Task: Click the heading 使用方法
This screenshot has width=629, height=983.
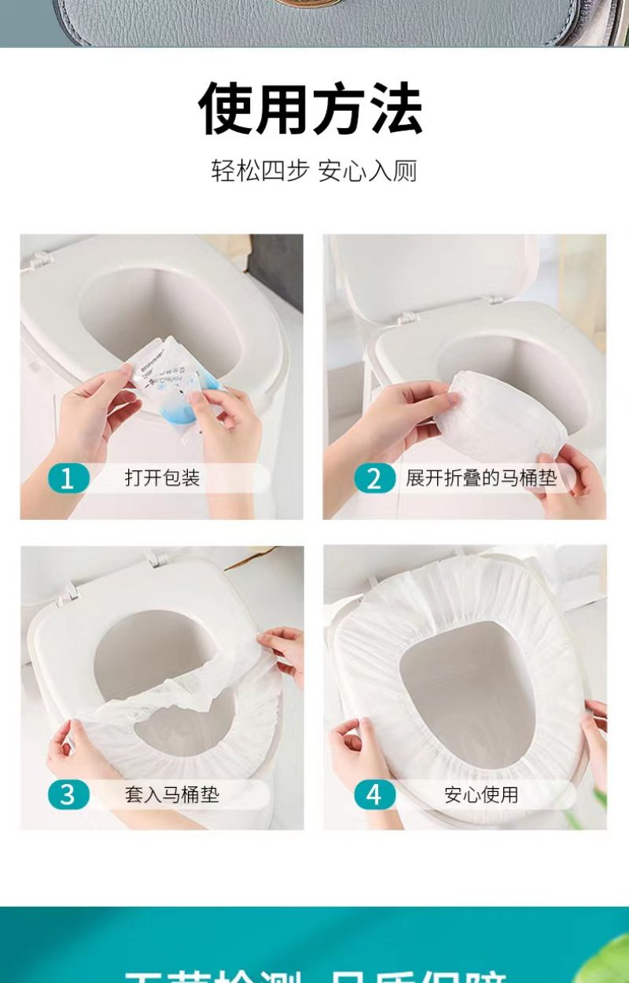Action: [x=311, y=109]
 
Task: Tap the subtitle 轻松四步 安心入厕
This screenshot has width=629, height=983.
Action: [x=314, y=171]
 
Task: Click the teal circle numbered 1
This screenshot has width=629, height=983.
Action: [x=68, y=478]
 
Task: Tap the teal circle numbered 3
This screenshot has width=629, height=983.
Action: [x=68, y=794]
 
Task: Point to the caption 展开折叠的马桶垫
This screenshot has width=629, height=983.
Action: [x=481, y=478]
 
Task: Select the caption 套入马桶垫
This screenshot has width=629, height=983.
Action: [x=172, y=794]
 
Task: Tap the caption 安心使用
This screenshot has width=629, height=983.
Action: [x=481, y=794]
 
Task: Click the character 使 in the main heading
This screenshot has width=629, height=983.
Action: [x=226, y=109]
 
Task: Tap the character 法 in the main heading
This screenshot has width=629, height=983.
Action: [x=396, y=109]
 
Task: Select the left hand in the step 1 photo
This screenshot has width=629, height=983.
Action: [x=94, y=409]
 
